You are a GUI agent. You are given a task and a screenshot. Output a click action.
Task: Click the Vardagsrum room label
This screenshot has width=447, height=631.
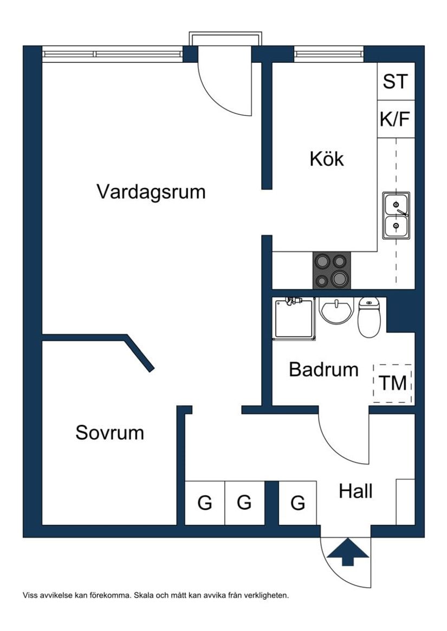click(151, 192)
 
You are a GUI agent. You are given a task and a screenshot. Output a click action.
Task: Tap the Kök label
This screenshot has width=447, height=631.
click(327, 159)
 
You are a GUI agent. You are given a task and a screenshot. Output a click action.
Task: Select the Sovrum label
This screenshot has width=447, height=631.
click(109, 433)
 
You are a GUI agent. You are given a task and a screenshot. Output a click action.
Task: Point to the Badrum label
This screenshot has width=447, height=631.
click(323, 369)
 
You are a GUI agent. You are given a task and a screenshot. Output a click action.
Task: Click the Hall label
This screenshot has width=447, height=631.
click(355, 492)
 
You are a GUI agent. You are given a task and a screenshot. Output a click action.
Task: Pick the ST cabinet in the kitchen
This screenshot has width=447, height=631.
click(395, 82)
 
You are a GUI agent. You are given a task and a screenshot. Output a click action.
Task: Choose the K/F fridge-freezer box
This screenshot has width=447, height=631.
click(395, 119)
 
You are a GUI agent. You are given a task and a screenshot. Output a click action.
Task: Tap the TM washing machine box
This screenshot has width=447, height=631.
click(393, 383)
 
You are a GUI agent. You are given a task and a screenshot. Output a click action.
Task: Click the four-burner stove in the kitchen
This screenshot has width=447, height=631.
click(331, 270)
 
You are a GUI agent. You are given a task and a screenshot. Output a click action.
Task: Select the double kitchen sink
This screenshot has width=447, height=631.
click(396, 215)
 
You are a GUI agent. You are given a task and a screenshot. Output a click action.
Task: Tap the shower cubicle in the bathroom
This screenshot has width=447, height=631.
click(294, 318)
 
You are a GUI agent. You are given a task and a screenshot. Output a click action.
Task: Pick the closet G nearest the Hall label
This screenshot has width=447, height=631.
click(298, 503)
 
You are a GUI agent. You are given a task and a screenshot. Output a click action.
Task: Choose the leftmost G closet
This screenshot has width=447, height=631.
click(205, 503)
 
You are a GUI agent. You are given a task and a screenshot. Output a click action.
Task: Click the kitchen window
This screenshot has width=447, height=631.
click(328, 54)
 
